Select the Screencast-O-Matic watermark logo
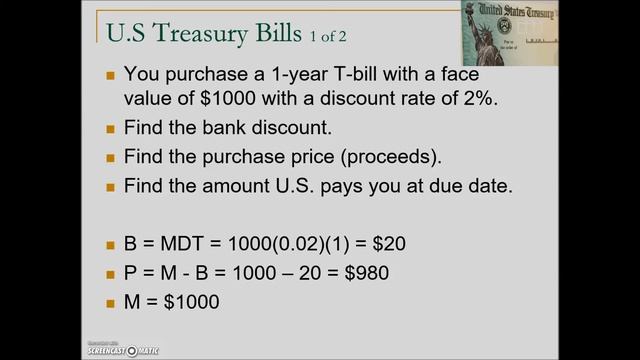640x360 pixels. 115,347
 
